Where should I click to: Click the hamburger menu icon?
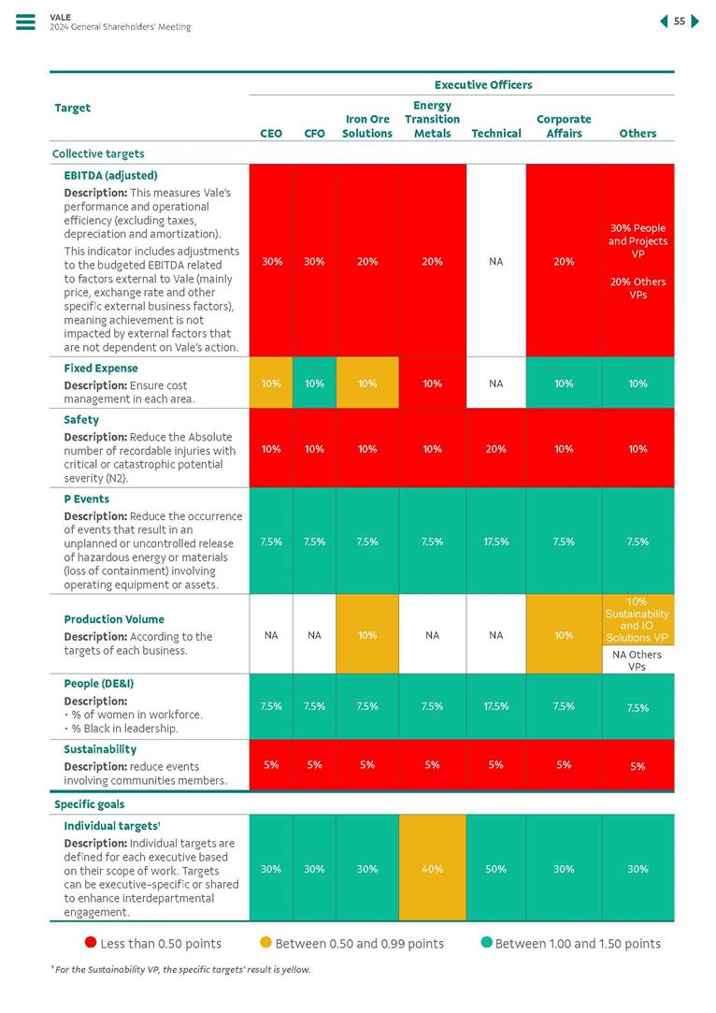coord(25,22)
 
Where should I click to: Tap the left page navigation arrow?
coord(664,22)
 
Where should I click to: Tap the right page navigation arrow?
coord(695,22)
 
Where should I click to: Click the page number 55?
coord(680,22)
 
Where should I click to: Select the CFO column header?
coord(315,133)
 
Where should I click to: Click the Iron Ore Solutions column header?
coord(367,126)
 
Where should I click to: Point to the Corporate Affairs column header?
coord(564,126)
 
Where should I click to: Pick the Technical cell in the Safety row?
coord(495,449)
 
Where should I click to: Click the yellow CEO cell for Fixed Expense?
coord(271,383)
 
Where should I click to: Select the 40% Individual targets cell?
coord(432,869)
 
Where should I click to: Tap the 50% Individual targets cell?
coord(495,869)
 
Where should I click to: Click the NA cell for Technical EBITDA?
coord(495,262)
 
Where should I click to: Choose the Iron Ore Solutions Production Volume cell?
coord(367,635)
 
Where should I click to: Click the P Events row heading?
coord(86,499)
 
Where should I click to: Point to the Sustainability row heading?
coord(100,749)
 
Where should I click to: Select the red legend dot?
coord(91,943)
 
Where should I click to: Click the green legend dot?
coord(486,943)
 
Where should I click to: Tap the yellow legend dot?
coord(265,943)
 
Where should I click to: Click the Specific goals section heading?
coord(89,804)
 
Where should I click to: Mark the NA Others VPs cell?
coord(637,660)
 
